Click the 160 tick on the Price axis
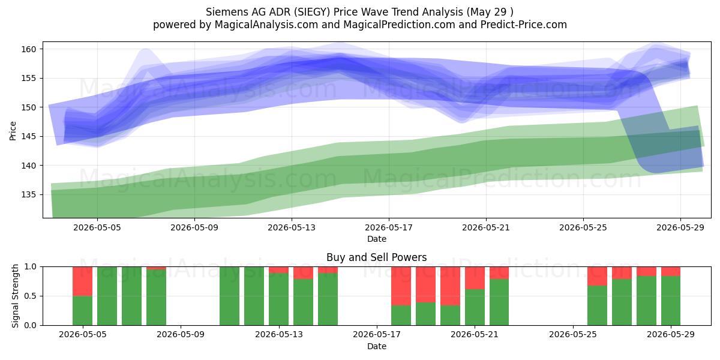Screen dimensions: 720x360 29,49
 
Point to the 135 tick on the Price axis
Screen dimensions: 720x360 29,195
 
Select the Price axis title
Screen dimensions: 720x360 13,131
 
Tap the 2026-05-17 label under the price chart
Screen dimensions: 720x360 389,227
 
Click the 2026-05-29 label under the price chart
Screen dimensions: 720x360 680,227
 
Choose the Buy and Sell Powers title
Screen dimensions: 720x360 376,257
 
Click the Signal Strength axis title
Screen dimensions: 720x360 15,296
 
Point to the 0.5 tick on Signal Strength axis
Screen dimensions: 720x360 31,296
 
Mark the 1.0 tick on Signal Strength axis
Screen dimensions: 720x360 31,267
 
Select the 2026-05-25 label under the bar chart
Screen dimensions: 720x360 573,334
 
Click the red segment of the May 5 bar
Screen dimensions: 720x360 83,281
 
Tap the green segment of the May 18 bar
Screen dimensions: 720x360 401,315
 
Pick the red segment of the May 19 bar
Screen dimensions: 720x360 425,284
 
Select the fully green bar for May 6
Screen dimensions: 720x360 107,296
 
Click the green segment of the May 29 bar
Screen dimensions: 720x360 671,301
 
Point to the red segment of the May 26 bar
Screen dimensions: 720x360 597,276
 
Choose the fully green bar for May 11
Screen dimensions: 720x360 229,296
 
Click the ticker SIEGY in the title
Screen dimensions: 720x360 313,12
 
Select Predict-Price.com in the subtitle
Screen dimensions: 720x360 524,25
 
